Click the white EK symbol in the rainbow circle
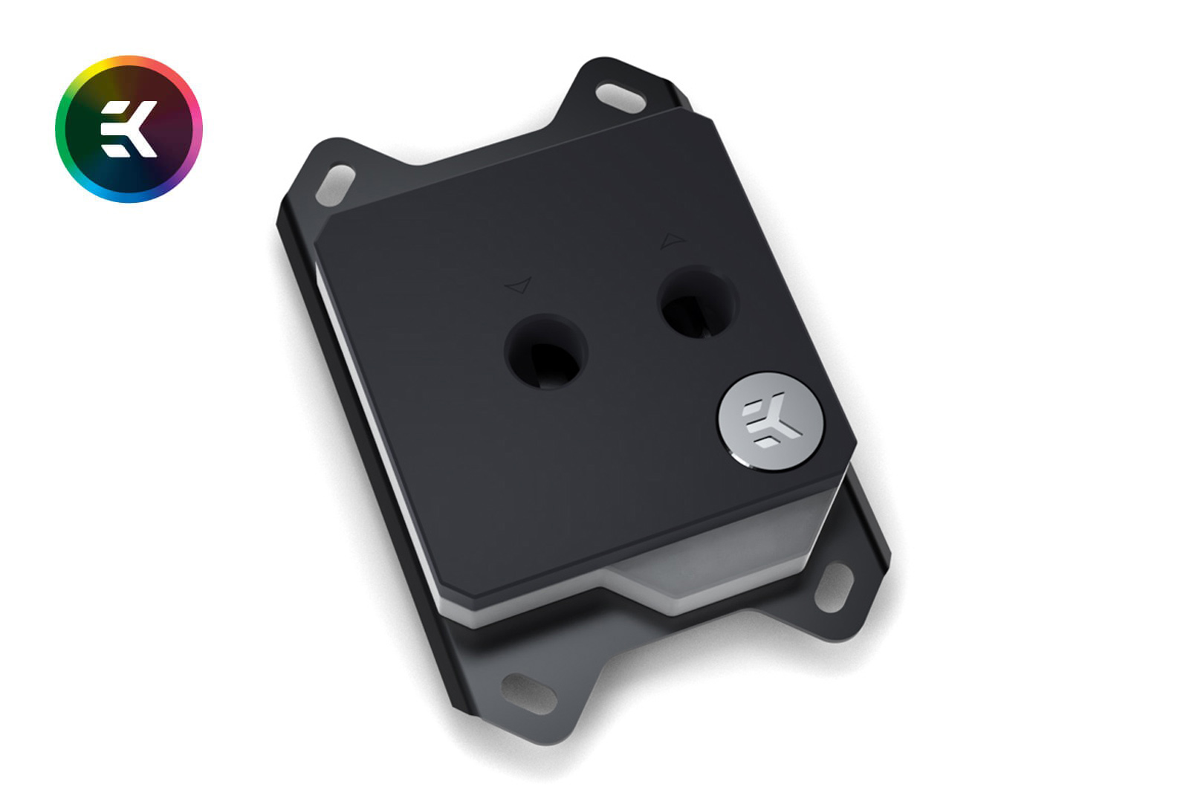(129, 129)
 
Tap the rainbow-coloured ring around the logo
(60, 129)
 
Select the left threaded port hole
(546, 352)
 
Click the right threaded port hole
(698, 302)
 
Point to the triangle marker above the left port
(520, 285)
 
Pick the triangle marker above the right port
(673, 241)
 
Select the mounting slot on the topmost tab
(621, 97)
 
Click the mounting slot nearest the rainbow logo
(335, 185)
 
